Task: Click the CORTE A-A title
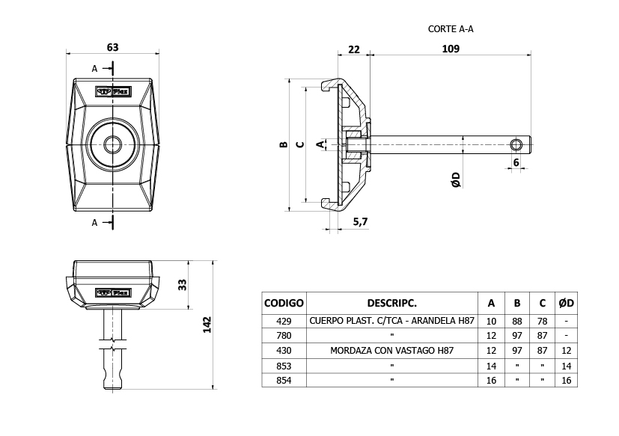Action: [x=451, y=29]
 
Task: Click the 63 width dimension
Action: [x=112, y=47]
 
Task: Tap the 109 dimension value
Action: [x=451, y=49]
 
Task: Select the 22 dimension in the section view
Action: [x=354, y=49]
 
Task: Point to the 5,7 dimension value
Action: [x=359, y=221]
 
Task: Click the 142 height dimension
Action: [x=208, y=325]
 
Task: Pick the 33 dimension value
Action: [x=182, y=284]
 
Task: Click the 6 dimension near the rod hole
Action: [x=516, y=162]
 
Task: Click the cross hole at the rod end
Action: [x=516, y=143]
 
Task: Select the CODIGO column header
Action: [x=284, y=303]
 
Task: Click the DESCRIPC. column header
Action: [x=391, y=303]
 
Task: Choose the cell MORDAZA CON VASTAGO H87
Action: [x=391, y=351]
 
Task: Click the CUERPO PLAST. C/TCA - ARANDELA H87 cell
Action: [x=391, y=321]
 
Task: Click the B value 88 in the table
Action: [x=516, y=321]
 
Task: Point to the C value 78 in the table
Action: [x=542, y=321]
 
